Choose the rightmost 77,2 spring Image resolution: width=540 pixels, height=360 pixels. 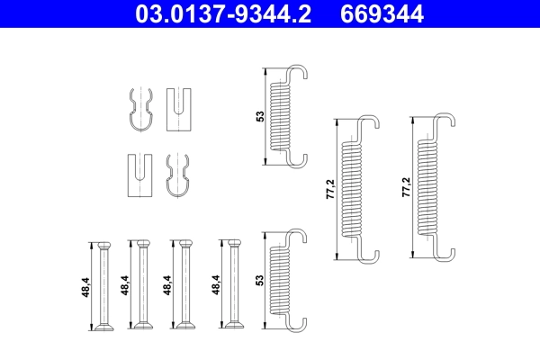(430, 189)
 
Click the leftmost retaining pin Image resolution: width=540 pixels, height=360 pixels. (103, 285)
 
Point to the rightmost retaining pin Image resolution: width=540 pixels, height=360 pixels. (233, 285)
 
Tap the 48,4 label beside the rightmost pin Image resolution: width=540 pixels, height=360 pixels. (214, 286)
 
